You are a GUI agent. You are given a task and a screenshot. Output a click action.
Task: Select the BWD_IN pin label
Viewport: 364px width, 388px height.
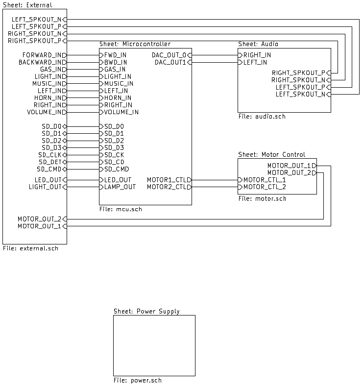pyautogui.click(x=115, y=62)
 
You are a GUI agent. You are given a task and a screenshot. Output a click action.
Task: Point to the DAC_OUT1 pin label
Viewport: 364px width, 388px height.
pyautogui.click(x=170, y=62)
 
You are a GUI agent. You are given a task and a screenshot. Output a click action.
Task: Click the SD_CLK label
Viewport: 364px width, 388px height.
pyautogui.click(x=49, y=155)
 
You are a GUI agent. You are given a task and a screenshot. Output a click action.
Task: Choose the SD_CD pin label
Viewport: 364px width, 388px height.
pyautogui.click(x=114, y=162)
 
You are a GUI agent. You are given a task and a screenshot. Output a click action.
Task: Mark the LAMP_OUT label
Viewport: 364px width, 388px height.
pyautogui.click(x=120, y=187)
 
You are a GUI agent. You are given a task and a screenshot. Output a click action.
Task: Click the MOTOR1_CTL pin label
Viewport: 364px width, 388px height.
pyautogui.click(x=167, y=180)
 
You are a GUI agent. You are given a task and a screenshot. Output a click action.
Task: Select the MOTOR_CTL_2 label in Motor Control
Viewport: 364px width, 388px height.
pyautogui.click(x=265, y=187)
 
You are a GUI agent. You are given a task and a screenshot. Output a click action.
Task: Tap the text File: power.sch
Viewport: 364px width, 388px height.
pyautogui.click(x=138, y=380)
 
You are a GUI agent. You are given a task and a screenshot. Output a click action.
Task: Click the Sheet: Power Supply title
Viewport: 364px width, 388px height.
pyautogui.click(x=146, y=311)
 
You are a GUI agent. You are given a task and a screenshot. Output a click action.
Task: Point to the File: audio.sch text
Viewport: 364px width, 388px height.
pyautogui.click(x=262, y=117)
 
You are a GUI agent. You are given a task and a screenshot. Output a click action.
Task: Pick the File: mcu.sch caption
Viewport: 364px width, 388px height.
pyautogui.click(x=121, y=209)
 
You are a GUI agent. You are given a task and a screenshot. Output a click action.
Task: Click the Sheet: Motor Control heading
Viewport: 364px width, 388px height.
pyautogui.click(x=271, y=154)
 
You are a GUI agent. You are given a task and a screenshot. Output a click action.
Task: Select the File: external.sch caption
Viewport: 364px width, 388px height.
pyautogui.click(x=30, y=248)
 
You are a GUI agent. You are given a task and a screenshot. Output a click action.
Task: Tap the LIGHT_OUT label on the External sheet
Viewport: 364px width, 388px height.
pyautogui.click(x=45, y=187)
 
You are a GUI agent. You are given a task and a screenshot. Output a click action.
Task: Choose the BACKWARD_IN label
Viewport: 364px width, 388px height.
pyautogui.click(x=40, y=62)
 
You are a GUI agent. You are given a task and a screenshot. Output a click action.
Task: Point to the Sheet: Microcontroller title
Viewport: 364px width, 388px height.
pyautogui.click(x=135, y=44)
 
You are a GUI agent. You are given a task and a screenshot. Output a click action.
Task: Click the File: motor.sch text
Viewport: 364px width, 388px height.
pyautogui.click(x=262, y=198)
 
